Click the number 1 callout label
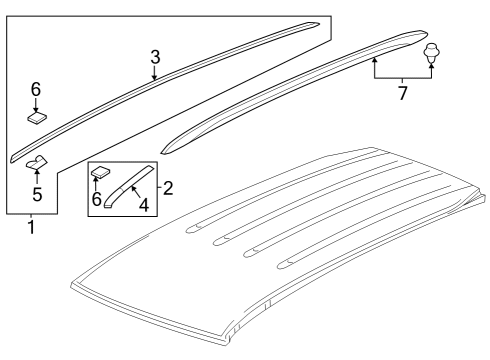coord(31,227)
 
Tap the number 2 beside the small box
coord(167,188)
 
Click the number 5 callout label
coord(36,193)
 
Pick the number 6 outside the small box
coord(36,89)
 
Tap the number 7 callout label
coord(404,93)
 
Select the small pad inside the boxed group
coord(100,173)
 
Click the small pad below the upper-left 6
coord(36,117)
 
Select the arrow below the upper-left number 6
coord(36,104)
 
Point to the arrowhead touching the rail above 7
coord(375,60)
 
